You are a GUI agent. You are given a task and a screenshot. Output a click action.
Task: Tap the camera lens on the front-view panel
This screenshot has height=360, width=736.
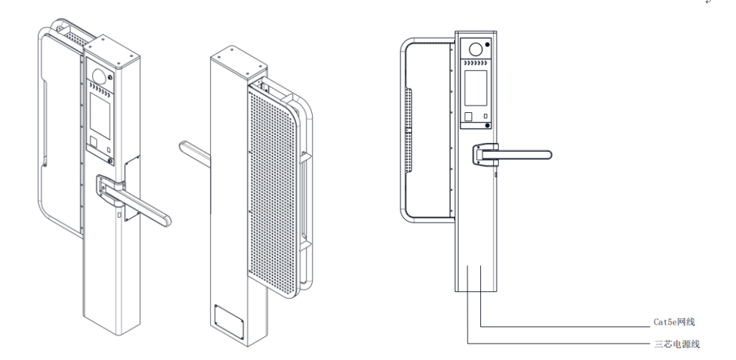474,50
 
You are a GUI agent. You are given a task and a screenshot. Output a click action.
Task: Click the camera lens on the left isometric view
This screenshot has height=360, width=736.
99,76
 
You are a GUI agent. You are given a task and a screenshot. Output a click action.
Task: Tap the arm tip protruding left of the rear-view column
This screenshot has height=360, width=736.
191,150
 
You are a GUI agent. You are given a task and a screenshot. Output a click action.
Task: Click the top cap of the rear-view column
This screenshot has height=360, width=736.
234,57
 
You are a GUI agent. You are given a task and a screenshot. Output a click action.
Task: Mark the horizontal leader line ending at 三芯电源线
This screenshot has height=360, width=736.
561,344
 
